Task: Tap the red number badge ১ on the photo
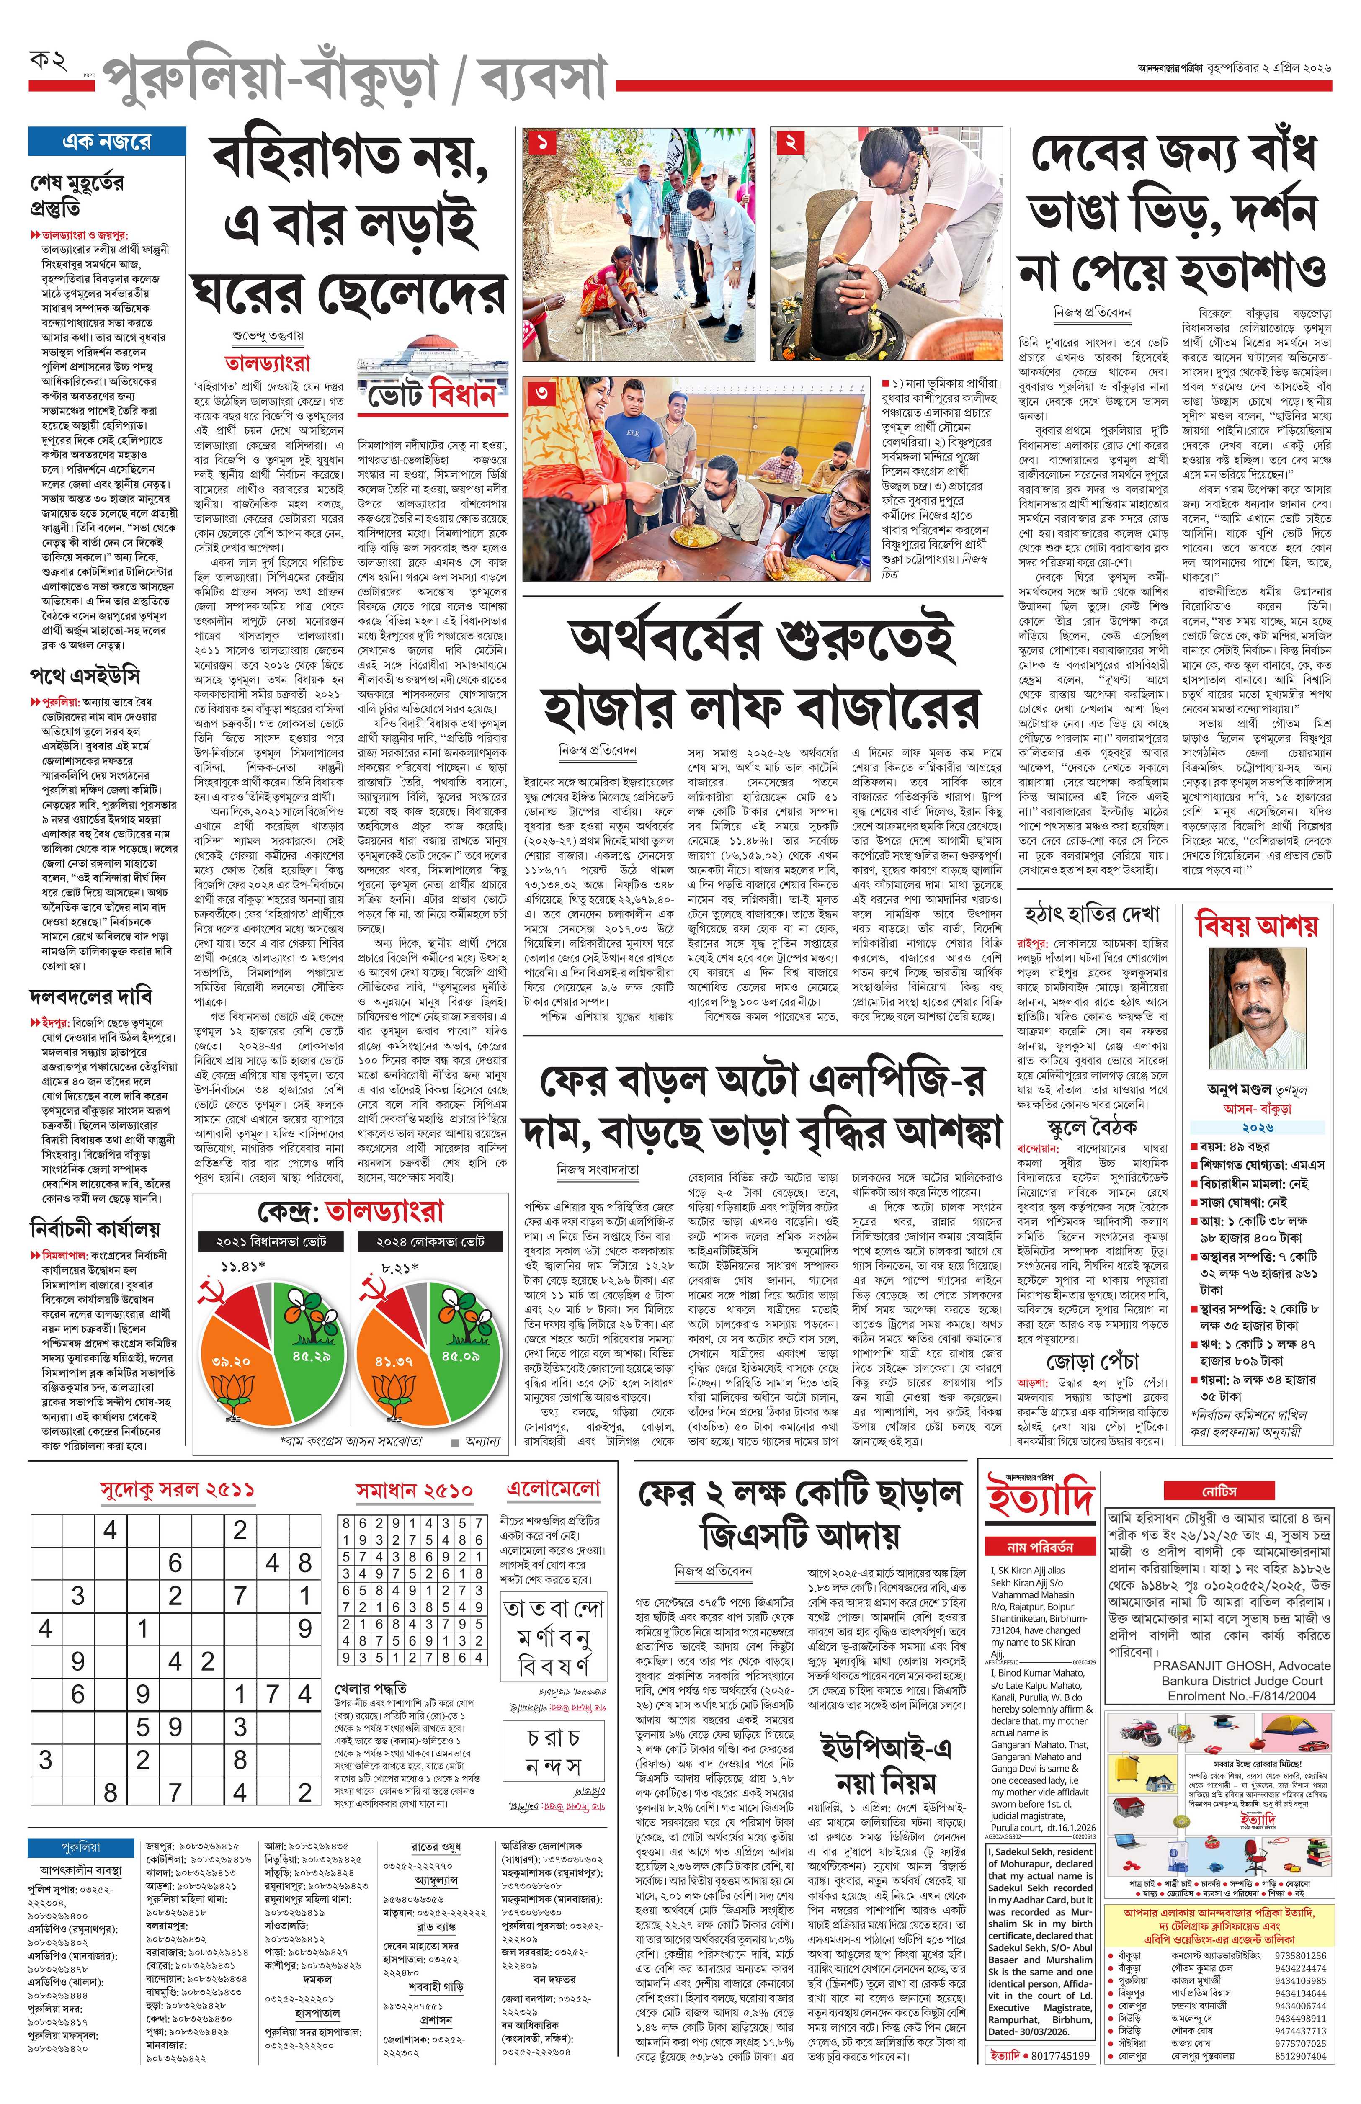point(541,142)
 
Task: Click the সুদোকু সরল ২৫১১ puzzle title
point(177,1490)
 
